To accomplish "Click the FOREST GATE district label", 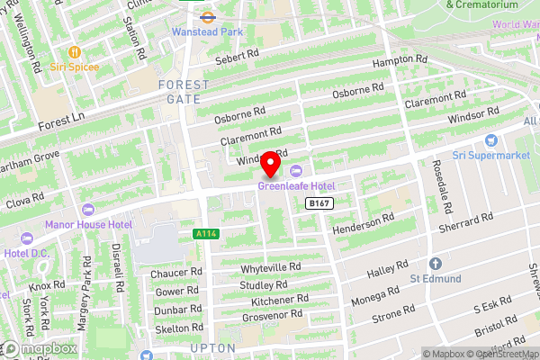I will pyautogui.click(x=183, y=92).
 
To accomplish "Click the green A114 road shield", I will pyautogui.click(x=206, y=234).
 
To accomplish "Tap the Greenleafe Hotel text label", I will pyautogui.click(x=296, y=186).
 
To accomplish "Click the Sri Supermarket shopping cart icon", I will pyautogui.click(x=491, y=140).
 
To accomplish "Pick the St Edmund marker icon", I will pyautogui.click(x=435, y=264).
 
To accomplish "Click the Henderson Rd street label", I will pyautogui.click(x=364, y=222).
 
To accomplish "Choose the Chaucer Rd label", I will pyautogui.click(x=176, y=272).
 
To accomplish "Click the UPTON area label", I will pyautogui.click(x=213, y=347).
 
